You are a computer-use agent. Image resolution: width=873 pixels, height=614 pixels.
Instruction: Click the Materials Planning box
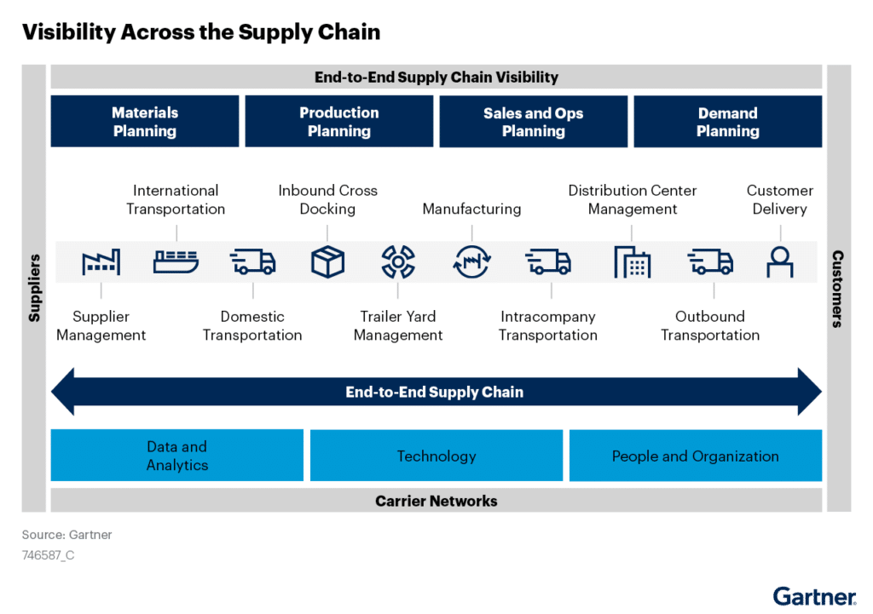click(x=145, y=122)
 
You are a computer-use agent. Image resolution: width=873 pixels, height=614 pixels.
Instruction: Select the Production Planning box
click(x=339, y=122)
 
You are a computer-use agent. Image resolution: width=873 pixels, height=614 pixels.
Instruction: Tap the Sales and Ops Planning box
click(x=533, y=122)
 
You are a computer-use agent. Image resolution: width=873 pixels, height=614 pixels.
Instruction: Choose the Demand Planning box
click(x=727, y=122)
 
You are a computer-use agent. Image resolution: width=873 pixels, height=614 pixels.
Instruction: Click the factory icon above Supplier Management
click(x=101, y=262)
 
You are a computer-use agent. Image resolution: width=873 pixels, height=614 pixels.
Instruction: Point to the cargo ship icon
click(x=176, y=261)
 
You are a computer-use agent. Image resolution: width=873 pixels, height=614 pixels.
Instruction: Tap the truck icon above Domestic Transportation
click(x=252, y=261)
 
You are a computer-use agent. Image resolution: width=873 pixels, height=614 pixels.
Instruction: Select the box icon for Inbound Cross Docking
click(x=327, y=262)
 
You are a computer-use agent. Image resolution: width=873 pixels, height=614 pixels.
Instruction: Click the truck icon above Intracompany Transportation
click(x=547, y=261)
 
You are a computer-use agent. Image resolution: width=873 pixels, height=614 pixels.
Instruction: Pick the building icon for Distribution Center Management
click(x=632, y=262)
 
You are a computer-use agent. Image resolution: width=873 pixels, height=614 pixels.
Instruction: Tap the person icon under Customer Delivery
click(x=779, y=262)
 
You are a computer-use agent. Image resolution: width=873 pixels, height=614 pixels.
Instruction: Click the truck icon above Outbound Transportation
click(x=710, y=261)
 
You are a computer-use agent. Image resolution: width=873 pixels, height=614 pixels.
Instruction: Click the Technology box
click(x=436, y=456)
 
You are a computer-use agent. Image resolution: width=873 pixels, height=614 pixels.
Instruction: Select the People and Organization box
click(x=695, y=456)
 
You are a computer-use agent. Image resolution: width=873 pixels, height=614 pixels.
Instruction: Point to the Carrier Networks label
click(x=436, y=501)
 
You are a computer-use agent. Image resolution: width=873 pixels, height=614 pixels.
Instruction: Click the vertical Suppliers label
click(x=34, y=288)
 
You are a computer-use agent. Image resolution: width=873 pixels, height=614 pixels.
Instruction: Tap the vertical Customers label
click(x=838, y=288)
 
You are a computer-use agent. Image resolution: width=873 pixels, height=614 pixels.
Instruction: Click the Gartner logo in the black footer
click(x=814, y=597)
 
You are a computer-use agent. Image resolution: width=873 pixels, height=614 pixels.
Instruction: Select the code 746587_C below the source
click(x=48, y=555)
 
